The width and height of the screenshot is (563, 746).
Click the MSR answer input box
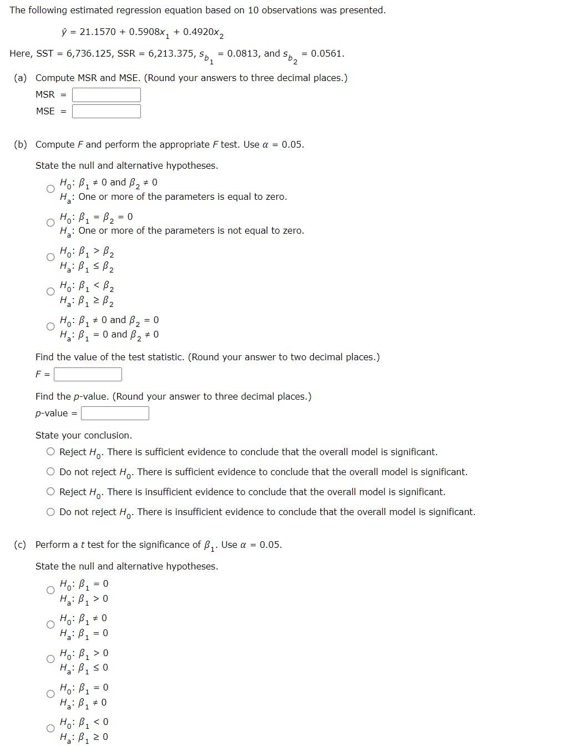pos(106,95)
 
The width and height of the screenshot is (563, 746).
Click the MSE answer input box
pos(106,112)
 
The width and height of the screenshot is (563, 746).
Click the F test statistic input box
pos(88,375)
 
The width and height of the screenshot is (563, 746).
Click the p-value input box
pos(115,414)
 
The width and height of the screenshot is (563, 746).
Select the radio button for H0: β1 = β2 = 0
pos(50,223)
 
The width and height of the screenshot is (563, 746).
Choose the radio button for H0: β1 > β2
pos(50,258)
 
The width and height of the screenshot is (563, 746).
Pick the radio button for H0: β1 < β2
pos(50,292)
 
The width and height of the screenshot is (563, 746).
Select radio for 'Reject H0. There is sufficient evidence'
pos(51,452)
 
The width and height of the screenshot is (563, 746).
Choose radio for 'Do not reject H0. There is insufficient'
pos(51,512)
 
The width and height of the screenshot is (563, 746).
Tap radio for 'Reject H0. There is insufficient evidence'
pos(51,492)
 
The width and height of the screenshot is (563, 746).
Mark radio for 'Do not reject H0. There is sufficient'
pos(51,472)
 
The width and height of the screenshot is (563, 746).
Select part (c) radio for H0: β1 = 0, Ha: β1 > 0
pos(50,590)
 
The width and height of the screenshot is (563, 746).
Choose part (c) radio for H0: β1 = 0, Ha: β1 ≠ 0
pos(50,694)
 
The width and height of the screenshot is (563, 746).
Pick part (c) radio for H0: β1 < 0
pos(50,728)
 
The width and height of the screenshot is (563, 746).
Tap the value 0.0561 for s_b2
pos(327,54)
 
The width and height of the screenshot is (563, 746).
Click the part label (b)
pos(21,145)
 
